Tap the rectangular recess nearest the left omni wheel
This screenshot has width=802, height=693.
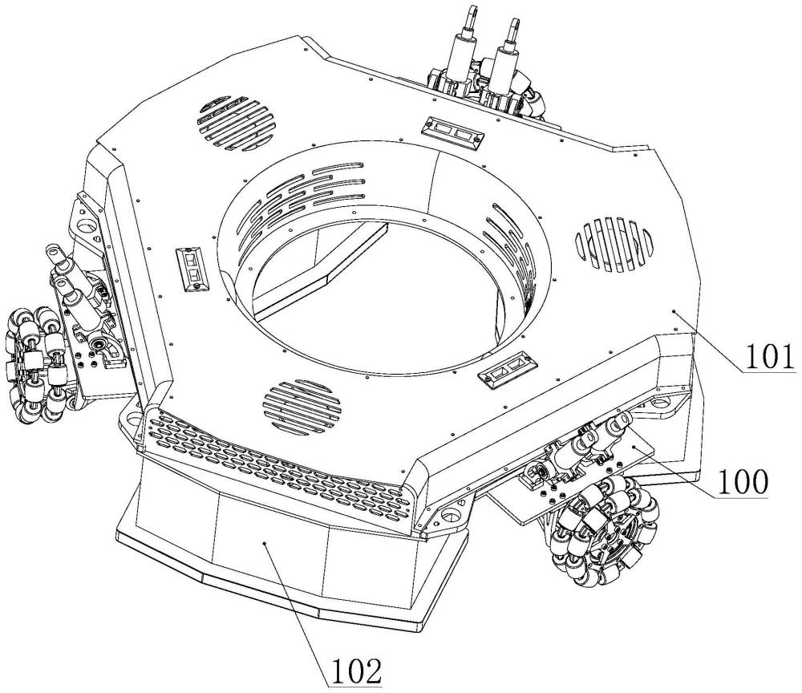[x=192, y=268]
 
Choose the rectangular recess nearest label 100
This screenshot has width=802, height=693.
[x=506, y=371]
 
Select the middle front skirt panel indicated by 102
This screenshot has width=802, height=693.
[x=269, y=546]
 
